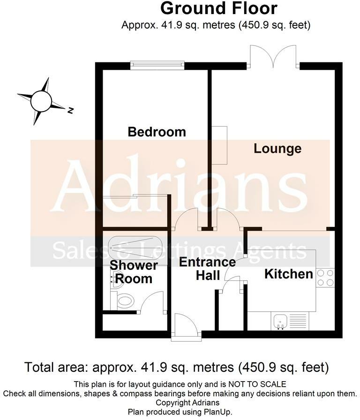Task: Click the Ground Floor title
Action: tap(218, 8)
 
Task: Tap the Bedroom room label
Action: tap(157, 132)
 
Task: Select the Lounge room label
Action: tap(277, 149)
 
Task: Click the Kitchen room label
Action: tap(289, 274)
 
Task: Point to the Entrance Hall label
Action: tap(207, 269)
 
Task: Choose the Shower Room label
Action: tap(134, 272)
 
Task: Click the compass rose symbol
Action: tap(41, 100)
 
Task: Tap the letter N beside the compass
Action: tap(70, 111)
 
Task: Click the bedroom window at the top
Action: tap(157, 66)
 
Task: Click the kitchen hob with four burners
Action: tap(325, 277)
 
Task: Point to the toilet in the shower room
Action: tap(125, 300)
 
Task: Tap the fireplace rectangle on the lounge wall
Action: tap(219, 145)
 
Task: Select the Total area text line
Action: tap(177, 367)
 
